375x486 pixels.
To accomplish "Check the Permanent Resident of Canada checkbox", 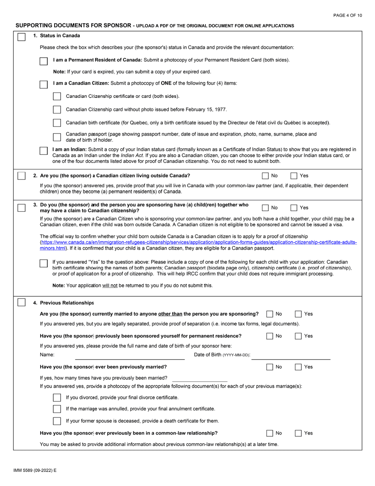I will coord(44,61).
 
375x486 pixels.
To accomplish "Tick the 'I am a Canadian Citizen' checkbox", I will coord(44,85).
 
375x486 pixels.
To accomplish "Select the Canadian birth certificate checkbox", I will coord(57,123).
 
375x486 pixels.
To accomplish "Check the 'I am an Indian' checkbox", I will coord(44,151).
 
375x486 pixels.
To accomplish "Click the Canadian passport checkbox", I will coord(57,137).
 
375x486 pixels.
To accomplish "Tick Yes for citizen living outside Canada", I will coord(294,176).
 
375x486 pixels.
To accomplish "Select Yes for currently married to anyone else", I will coord(299,314).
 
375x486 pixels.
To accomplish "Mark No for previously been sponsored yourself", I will coord(270,336).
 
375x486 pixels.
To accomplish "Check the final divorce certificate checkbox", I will coord(57,397).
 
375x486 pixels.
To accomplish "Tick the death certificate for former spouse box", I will coord(57,421).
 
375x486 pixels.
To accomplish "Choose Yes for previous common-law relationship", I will coord(299,433).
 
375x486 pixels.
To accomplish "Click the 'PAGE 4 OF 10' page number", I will coord(347,15).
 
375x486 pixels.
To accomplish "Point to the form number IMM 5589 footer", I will coord(35,471).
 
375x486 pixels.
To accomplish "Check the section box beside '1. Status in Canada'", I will coord(22,36).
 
